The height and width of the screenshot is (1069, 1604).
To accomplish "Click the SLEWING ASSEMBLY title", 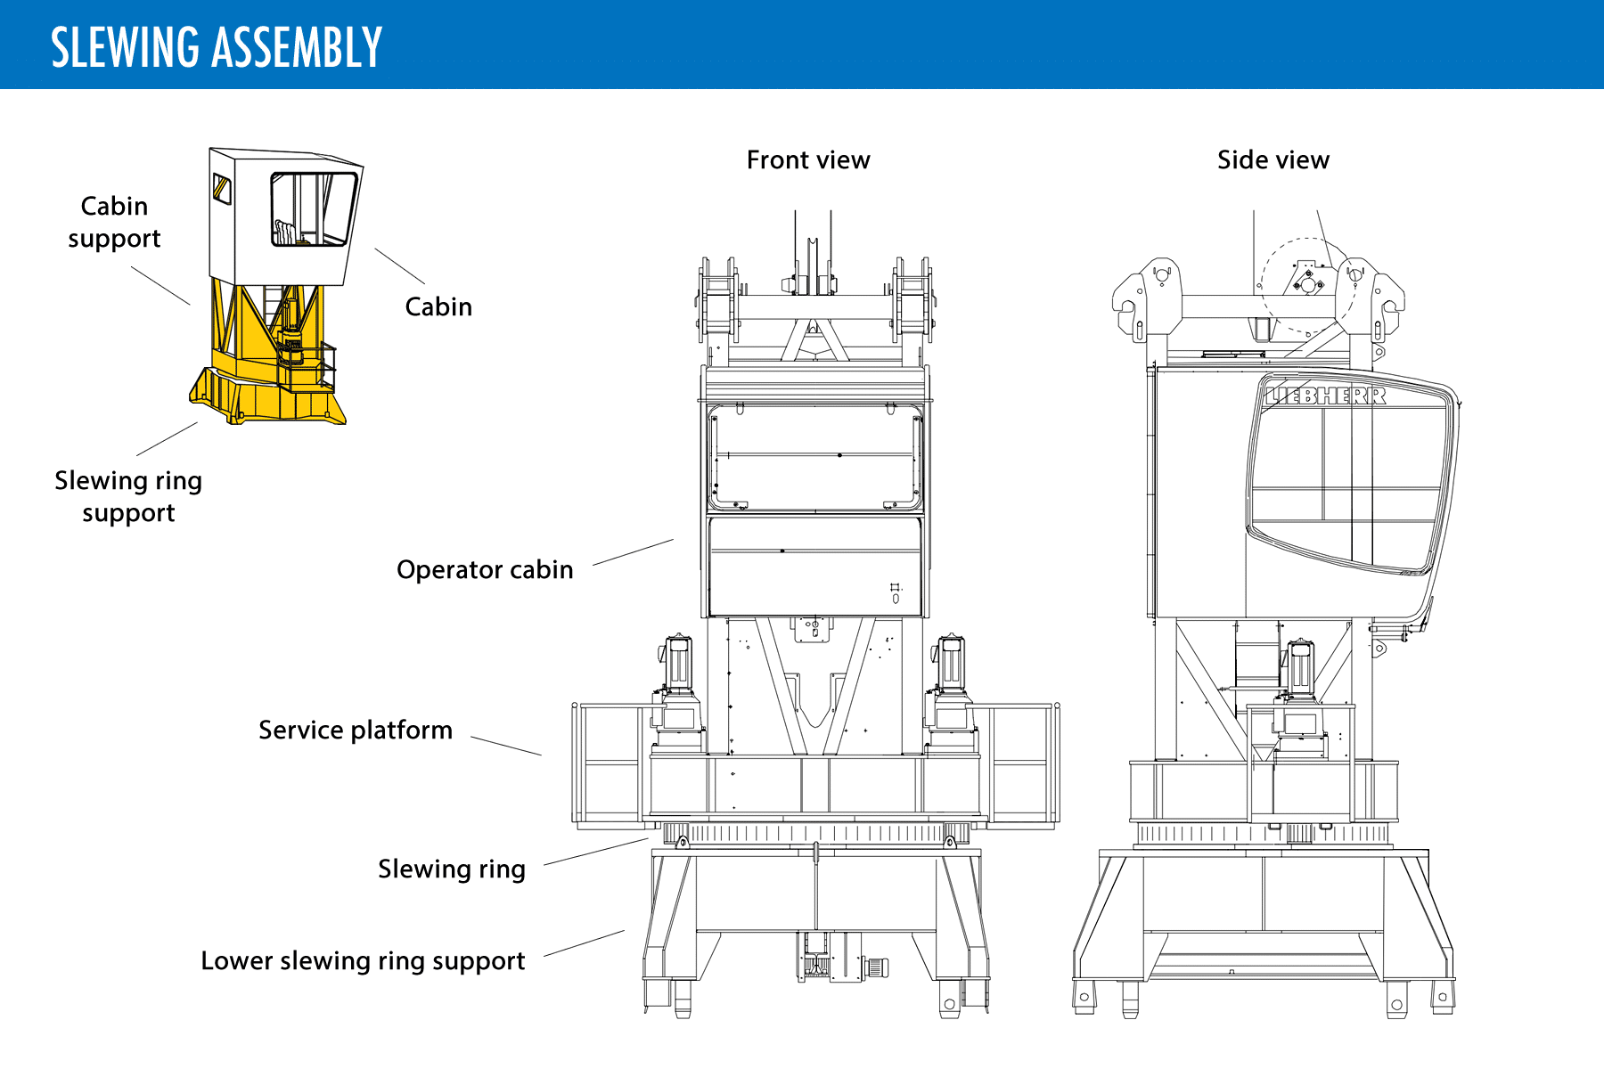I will (217, 47).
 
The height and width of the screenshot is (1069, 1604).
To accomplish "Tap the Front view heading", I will (807, 160).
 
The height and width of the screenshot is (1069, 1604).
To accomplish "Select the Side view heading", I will (1273, 160).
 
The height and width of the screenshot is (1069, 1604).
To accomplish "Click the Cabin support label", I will (114, 222).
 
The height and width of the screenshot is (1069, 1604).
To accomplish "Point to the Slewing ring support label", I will (128, 496).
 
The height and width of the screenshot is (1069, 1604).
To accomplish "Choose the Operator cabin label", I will (485, 570).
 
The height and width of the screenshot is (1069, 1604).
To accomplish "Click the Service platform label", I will (356, 730).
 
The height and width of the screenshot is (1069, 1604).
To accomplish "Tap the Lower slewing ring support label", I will (363, 961).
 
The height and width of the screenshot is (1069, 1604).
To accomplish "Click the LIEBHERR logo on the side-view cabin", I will (1326, 395).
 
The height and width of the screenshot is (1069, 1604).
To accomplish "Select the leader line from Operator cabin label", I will (633, 552).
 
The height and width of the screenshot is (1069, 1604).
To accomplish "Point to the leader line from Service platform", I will (505, 746).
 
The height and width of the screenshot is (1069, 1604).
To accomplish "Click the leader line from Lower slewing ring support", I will (584, 943).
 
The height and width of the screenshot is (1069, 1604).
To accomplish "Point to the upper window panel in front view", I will (815, 457).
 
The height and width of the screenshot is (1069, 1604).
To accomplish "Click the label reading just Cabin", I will (438, 307).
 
